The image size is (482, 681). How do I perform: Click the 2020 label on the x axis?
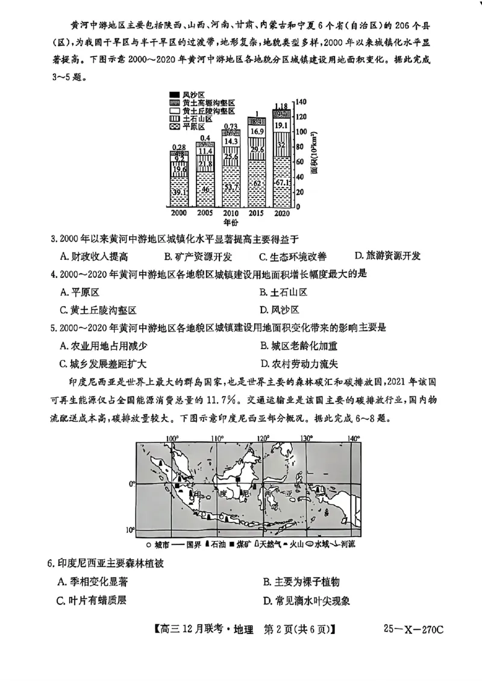281,213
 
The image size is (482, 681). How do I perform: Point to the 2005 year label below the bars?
205,213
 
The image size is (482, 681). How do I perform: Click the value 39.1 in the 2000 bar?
178,192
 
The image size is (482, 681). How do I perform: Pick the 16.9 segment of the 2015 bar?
257,132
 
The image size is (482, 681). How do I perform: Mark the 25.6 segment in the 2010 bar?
231,157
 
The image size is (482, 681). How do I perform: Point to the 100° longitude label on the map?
173,438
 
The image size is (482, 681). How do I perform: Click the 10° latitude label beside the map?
129,530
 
